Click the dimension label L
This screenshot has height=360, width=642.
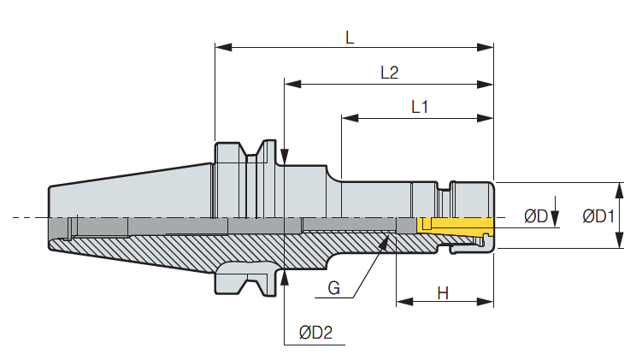coord(350,38)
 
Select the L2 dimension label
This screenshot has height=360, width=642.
coord(389,73)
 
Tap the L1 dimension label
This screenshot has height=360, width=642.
coord(420,107)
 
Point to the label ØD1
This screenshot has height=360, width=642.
coord(598,215)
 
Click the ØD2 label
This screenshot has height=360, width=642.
coord(315,333)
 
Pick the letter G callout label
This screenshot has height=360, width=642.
coord(333,288)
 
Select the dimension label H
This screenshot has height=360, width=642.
coord(443,293)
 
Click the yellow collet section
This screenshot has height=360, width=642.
coord(455,225)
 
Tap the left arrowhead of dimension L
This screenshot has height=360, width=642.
coord(224,47)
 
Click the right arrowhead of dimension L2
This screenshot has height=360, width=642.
coord(486,85)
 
